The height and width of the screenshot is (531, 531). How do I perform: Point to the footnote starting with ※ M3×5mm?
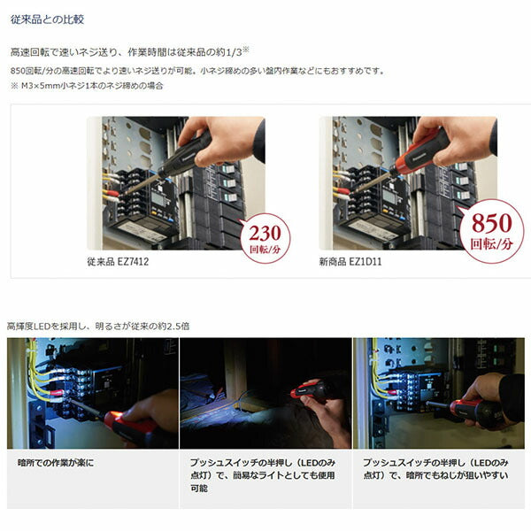(x=86, y=86)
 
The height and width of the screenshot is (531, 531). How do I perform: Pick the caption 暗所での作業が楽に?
(x=55, y=463)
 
